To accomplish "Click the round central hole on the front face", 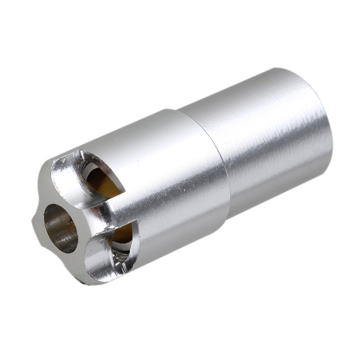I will tap(60, 228).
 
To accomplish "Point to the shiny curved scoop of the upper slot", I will tap(68, 180).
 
